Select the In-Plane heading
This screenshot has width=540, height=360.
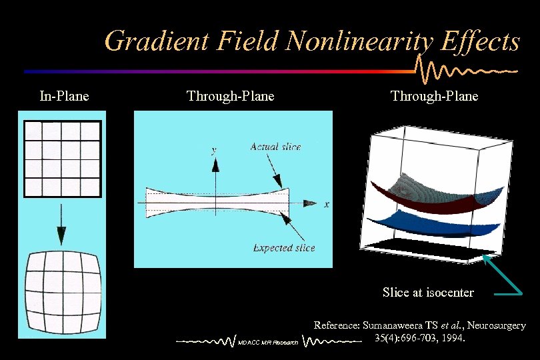pos(64,96)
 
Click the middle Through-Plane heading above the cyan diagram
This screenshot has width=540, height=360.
pos(230,96)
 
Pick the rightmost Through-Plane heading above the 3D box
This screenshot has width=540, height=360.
pos(434,96)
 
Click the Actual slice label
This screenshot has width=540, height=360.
pos(275,147)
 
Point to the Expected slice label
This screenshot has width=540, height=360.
pos(284,248)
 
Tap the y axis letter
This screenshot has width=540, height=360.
pos(214,151)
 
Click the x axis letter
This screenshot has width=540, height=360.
pos(326,204)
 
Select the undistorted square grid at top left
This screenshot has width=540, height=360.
pos(62,159)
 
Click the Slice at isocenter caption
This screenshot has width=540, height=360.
pos(428,293)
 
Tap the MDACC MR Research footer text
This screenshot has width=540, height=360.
pos(268,343)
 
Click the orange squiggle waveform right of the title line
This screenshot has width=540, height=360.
pos(467,69)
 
